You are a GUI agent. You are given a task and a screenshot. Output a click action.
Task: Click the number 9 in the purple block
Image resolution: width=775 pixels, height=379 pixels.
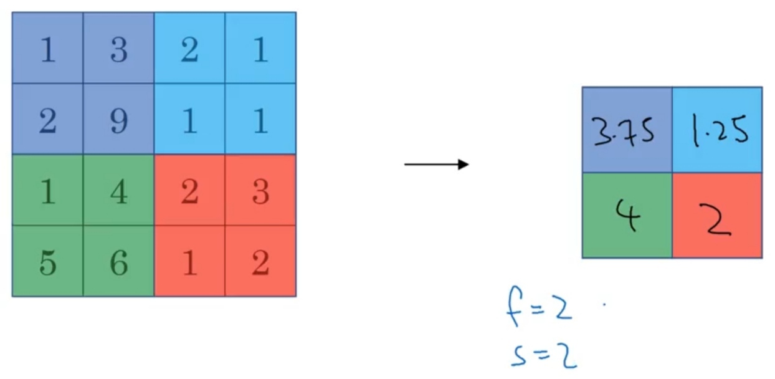(x=118, y=121)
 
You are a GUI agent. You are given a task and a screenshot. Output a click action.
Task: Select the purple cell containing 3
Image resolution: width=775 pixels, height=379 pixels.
(x=118, y=48)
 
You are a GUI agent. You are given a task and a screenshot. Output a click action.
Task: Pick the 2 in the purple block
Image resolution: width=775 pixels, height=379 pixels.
(x=48, y=121)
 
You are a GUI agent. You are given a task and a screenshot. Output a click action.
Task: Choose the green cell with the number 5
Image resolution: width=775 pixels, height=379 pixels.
(x=48, y=261)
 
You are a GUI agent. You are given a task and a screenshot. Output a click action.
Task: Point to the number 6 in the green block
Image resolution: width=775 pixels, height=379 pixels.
(x=118, y=263)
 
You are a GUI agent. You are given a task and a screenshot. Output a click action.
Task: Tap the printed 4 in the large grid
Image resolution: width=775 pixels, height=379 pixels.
(x=118, y=192)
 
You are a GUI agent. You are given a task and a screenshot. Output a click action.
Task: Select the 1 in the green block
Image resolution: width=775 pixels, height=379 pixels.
(x=48, y=192)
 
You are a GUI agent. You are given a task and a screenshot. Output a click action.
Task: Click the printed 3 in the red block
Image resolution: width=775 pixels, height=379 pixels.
(x=260, y=192)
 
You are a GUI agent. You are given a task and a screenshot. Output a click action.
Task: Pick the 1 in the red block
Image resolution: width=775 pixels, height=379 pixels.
(x=189, y=263)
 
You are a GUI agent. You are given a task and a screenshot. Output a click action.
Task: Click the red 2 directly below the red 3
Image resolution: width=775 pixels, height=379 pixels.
(x=260, y=263)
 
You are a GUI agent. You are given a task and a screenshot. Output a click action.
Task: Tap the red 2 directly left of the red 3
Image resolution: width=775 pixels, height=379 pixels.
(x=189, y=192)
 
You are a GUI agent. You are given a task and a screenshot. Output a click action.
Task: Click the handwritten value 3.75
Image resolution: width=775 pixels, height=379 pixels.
(x=623, y=131)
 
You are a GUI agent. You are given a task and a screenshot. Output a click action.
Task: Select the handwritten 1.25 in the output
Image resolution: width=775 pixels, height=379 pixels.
(x=720, y=130)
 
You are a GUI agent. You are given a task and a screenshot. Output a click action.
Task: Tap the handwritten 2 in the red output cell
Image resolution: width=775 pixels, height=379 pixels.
(x=715, y=220)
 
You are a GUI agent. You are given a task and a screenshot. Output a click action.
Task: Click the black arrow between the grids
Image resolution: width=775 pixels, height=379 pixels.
(x=437, y=165)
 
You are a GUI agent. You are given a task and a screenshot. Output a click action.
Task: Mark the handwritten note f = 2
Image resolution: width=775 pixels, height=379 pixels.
(x=539, y=306)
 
